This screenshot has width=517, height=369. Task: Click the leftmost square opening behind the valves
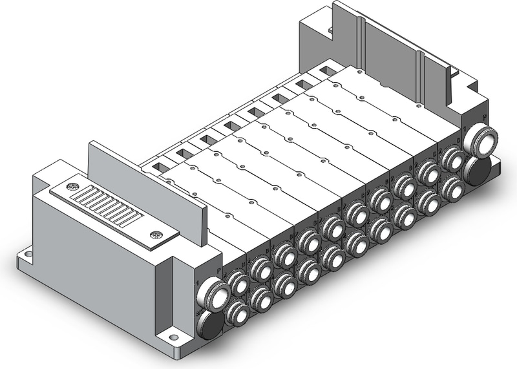158,168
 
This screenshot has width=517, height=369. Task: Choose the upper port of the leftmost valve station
238,284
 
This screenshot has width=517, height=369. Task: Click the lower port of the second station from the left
261,298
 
